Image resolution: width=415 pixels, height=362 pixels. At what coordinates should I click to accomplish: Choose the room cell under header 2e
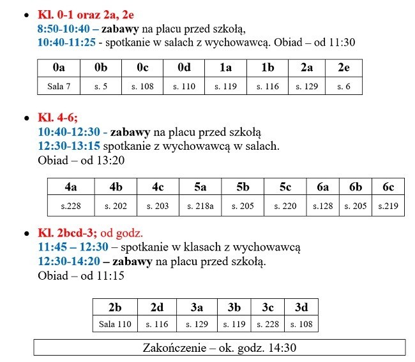[343, 86]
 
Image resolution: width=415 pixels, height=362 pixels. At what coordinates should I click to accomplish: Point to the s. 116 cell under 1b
[268, 86]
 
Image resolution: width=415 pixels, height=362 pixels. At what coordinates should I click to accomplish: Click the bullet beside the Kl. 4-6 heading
[26, 119]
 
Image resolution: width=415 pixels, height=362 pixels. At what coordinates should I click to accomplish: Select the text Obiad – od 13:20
[80, 161]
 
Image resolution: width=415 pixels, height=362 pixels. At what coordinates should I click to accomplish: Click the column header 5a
[200, 187]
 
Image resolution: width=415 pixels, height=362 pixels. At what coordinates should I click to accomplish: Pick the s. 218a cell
[200, 206]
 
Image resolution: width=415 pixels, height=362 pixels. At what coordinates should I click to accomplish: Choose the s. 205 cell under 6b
[356, 206]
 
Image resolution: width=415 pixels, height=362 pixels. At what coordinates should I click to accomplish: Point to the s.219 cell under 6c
[388, 206]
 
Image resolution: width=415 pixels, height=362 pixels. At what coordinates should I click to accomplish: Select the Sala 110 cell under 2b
[115, 324]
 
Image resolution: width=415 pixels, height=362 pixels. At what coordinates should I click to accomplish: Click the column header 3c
[268, 307]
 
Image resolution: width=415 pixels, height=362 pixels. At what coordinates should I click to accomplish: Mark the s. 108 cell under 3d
[301, 324]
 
